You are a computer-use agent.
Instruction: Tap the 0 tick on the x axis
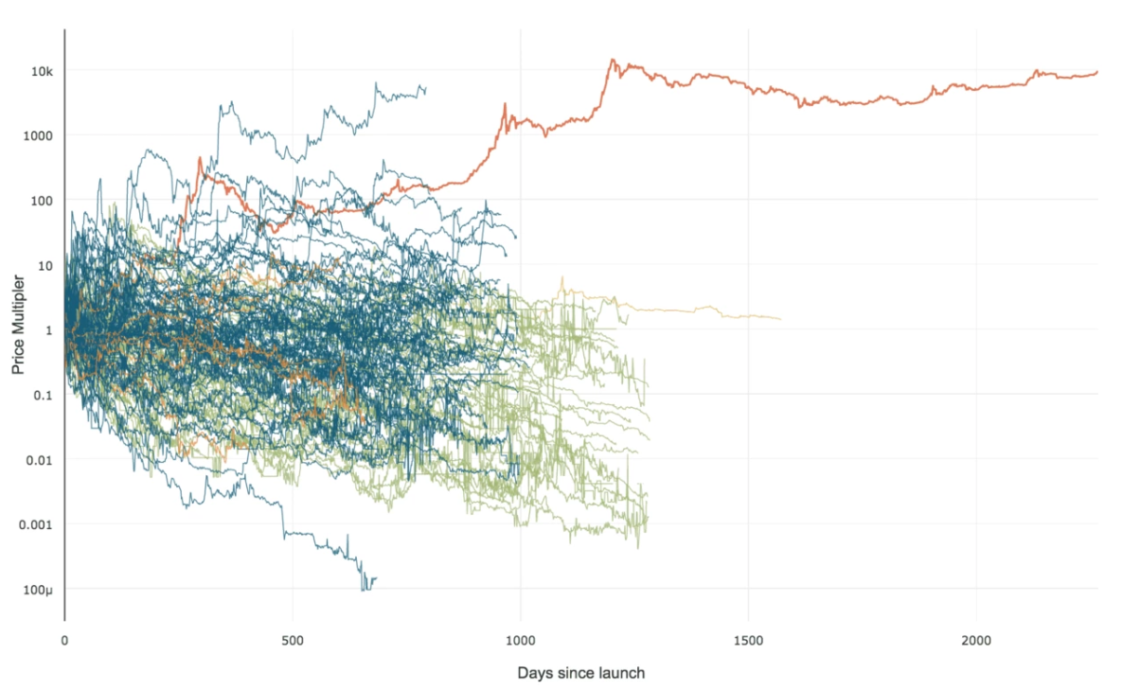pos(64,641)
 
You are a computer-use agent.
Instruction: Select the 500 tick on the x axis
pos(293,641)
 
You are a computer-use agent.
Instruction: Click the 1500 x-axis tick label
pos(748,641)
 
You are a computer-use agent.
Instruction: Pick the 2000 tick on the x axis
pos(976,641)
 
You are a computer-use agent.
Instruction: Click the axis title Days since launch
pos(581,673)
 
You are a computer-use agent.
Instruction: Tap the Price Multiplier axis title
pos(18,325)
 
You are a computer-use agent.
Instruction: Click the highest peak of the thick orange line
pos(613,60)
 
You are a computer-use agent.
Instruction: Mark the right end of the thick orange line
pos(1097,72)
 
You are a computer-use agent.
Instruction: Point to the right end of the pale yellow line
pos(781,319)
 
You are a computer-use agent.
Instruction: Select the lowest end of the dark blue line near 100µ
pos(365,590)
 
